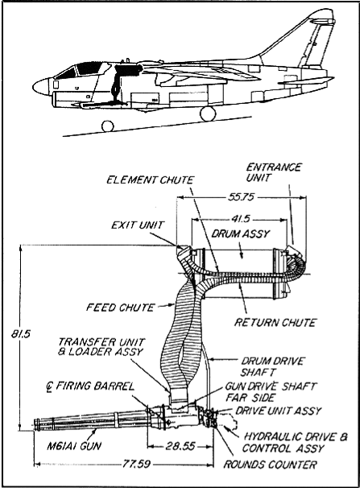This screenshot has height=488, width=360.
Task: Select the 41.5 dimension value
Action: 241,219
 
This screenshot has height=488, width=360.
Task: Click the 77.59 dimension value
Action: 136,464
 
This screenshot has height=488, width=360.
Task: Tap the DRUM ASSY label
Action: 241,234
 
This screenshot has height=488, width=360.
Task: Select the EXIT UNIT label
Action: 138,225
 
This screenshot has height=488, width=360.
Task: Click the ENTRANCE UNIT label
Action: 274,172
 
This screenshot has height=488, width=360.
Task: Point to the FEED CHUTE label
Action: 120,308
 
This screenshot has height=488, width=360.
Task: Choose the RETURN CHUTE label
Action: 275,322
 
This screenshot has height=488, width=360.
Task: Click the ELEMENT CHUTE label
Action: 151,180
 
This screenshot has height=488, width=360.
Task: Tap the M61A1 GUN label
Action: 74,446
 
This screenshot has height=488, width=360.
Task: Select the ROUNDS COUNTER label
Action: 270,465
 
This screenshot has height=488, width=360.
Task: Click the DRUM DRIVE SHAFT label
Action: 272,366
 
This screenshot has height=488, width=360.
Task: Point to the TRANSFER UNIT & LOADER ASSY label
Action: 101,347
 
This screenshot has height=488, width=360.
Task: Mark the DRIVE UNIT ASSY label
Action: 278,411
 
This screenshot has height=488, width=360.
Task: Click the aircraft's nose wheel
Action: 108,126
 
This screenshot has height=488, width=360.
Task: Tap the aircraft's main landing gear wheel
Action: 208,114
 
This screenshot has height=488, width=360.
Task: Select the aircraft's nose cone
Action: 40,87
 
